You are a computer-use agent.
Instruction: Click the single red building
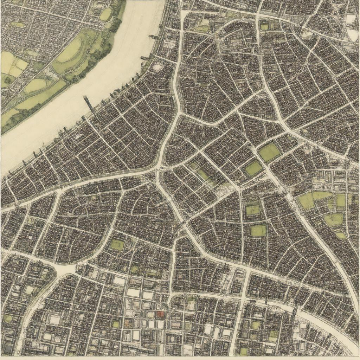tap(160, 314)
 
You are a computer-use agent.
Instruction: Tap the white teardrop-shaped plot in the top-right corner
tap(353, 34)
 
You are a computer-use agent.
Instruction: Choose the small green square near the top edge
tap(264, 26)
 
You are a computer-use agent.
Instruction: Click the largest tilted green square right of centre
tap(270, 153)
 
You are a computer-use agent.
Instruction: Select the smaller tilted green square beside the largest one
tap(253, 168)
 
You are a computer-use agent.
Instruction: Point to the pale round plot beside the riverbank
tap(157, 67)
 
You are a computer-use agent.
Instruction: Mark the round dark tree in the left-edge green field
tap(7, 80)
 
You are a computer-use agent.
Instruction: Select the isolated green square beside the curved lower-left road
tap(117, 245)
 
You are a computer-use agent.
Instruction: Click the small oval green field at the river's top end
tap(105, 14)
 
